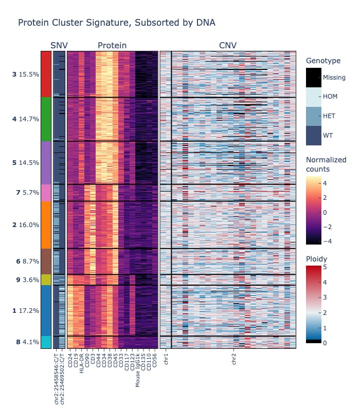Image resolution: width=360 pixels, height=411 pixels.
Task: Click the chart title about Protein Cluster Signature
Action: tap(116, 23)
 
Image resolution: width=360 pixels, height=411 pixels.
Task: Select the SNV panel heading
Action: tap(59, 46)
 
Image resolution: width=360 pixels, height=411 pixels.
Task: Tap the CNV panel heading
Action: tap(228, 46)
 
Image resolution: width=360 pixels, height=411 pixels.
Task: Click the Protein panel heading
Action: tap(112, 46)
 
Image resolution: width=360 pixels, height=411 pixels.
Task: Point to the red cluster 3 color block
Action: tap(46, 74)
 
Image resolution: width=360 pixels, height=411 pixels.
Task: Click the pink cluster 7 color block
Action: tap(46, 193)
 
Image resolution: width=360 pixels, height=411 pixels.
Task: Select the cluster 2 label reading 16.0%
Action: tap(26, 225)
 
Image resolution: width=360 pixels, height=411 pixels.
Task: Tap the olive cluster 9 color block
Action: tap(46, 280)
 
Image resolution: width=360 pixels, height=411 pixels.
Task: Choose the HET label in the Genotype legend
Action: tap(329, 116)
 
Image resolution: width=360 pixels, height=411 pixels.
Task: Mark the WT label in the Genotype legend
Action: tap(328, 135)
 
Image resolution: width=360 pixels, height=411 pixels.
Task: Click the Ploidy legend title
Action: tap(316, 258)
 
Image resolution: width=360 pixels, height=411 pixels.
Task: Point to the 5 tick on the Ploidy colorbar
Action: tap(325, 267)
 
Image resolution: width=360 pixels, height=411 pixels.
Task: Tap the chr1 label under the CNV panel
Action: tap(166, 359)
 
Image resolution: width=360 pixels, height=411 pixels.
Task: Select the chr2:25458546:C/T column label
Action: tap(57, 376)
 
